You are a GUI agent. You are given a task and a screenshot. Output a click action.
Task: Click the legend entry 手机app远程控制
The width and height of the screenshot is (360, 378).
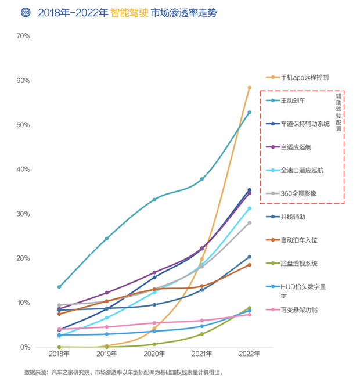coord(304,77)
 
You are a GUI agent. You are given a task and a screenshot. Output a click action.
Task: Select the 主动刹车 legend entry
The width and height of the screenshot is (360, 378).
coord(293,100)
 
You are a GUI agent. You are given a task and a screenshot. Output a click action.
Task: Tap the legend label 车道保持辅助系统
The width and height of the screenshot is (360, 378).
coord(305,124)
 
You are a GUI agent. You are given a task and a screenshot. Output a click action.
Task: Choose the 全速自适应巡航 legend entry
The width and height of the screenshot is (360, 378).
coord(302,170)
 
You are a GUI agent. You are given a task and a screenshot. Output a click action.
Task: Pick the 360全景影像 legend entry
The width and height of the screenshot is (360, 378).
coord(298,193)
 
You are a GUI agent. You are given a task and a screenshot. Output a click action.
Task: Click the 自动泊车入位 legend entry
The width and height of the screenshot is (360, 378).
coord(298,240)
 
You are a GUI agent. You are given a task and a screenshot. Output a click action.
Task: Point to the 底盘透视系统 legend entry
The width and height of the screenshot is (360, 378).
coord(298,263)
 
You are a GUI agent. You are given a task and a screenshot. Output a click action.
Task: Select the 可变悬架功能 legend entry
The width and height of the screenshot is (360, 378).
coord(298,310)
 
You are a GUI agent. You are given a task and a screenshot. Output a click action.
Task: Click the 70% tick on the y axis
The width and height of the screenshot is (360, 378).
coord(23,36)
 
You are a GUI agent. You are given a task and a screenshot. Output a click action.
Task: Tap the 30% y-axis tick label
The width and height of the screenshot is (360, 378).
coord(23,214)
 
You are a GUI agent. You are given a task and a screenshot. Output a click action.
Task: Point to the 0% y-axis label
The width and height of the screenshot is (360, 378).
coord(25,347)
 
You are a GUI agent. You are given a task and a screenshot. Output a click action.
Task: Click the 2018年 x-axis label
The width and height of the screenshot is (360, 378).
coord(59,354)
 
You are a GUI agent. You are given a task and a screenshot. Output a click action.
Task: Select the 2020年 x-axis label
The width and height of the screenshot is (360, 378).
coord(154,354)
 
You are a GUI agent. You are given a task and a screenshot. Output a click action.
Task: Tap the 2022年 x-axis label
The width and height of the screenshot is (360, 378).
coord(250,354)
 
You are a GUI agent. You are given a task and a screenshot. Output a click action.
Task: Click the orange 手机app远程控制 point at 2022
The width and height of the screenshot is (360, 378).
coord(250,88)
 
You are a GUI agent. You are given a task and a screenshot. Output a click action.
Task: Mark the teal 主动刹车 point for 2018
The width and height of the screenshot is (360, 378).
coord(59,287)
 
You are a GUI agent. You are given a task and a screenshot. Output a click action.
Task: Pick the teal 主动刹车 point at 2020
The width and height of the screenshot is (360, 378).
coord(154,200)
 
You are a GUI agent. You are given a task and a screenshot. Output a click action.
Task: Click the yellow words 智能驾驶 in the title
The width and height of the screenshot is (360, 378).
coord(128,13)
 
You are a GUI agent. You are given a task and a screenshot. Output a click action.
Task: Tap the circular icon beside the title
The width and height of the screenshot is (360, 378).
coord(26,13)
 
